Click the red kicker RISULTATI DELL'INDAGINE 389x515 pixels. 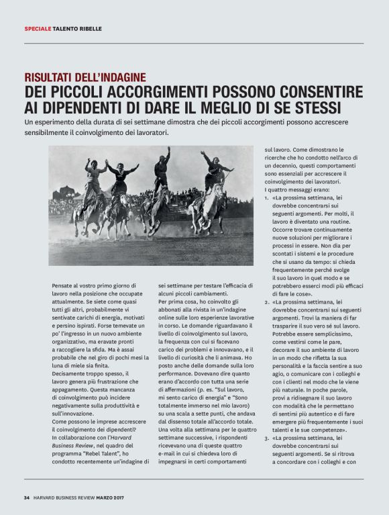85,77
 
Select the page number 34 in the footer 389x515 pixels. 27,498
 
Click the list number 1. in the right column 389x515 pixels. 266,197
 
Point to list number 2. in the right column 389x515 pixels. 266,302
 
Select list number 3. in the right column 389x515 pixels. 266,438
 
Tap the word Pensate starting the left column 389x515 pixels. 64,286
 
